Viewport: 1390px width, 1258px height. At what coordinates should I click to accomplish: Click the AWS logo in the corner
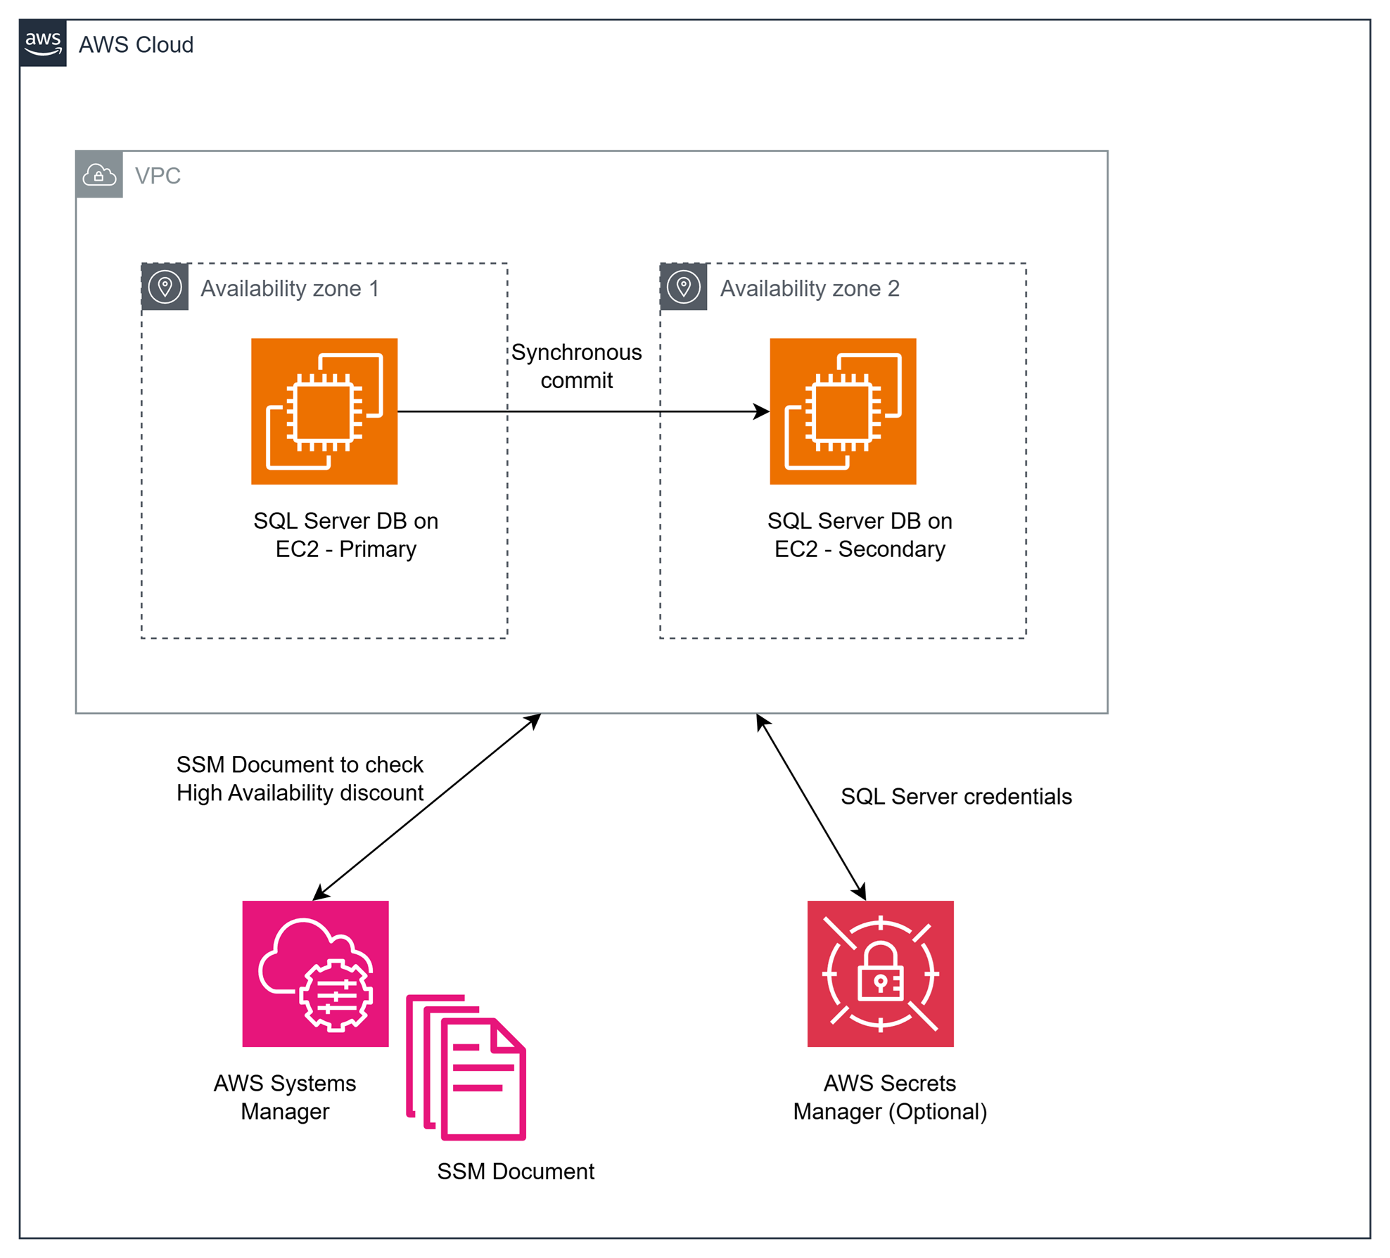(43, 43)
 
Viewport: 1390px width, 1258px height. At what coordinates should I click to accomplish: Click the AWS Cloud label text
(136, 45)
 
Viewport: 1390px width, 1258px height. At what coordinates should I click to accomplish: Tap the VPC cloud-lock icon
(99, 174)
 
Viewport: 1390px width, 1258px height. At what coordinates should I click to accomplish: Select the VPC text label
(158, 176)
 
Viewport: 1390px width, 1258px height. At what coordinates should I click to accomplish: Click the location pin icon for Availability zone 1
(165, 287)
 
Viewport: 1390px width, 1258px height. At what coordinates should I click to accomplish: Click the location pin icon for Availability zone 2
(684, 287)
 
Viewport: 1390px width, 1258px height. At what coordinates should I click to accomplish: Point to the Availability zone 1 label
(290, 288)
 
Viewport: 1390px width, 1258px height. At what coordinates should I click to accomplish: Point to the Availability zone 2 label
(809, 288)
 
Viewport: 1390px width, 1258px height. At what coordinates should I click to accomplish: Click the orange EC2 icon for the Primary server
(324, 411)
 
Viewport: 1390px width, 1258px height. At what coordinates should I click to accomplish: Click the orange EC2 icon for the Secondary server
(843, 411)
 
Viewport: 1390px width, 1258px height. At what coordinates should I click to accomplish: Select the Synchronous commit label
(576, 366)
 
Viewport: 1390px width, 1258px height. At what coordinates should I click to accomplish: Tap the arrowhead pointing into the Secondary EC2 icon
(761, 411)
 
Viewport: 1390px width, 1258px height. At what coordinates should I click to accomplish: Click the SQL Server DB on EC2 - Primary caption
(345, 534)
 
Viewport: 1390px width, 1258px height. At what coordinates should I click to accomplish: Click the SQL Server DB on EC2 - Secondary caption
(860, 534)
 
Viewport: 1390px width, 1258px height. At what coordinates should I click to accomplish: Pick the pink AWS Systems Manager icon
(315, 973)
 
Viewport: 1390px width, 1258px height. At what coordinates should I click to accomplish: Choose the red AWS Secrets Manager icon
(880, 973)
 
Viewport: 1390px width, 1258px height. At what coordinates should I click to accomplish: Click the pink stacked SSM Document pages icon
(466, 1067)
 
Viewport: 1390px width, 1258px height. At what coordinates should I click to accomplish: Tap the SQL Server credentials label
(956, 796)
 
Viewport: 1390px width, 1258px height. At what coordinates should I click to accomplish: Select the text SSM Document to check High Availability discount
(300, 778)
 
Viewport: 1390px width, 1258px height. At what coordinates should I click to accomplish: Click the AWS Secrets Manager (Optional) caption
(890, 1097)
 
